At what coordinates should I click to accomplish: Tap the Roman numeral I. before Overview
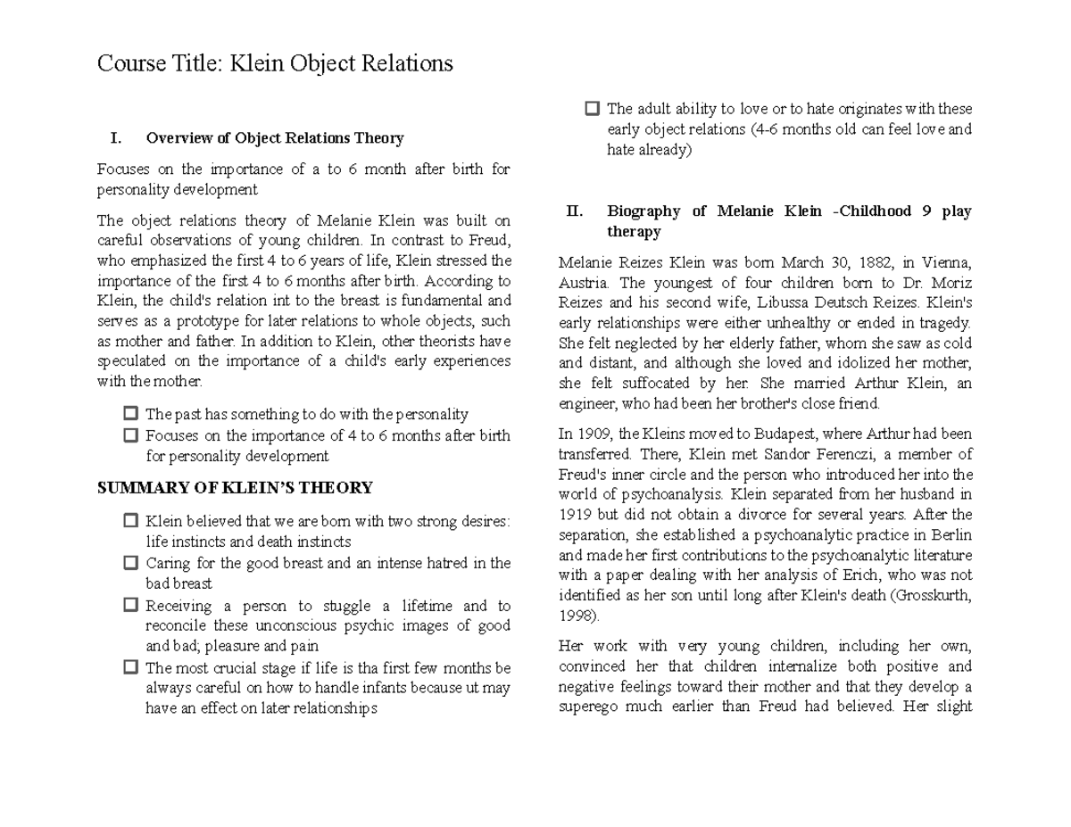pos(114,138)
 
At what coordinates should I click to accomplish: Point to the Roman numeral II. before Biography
pos(575,211)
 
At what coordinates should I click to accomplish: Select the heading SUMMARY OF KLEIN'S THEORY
pos(235,488)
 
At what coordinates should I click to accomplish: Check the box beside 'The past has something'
pos(131,414)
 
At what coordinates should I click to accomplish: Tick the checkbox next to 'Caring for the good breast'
pos(131,563)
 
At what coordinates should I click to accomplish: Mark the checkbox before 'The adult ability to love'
pos(593,109)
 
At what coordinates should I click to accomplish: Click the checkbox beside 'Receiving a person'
pos(131,605)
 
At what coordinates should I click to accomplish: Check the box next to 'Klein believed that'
pos(131,521)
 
